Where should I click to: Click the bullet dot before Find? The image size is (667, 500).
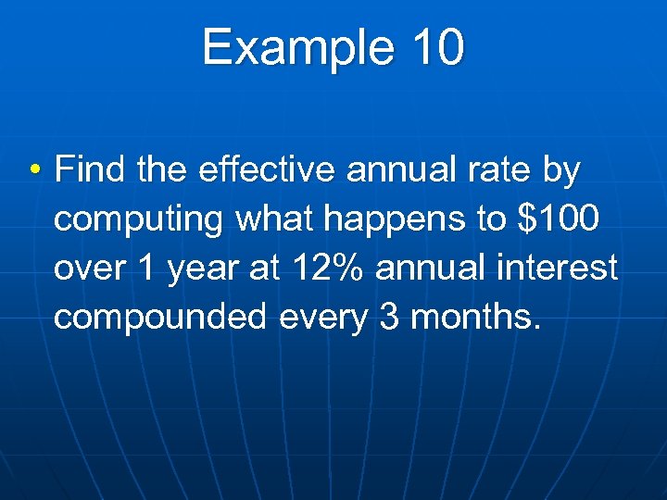click(33, 171)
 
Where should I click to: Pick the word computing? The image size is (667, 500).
click(140, 221)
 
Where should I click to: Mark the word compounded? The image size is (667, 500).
click(165, 318)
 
